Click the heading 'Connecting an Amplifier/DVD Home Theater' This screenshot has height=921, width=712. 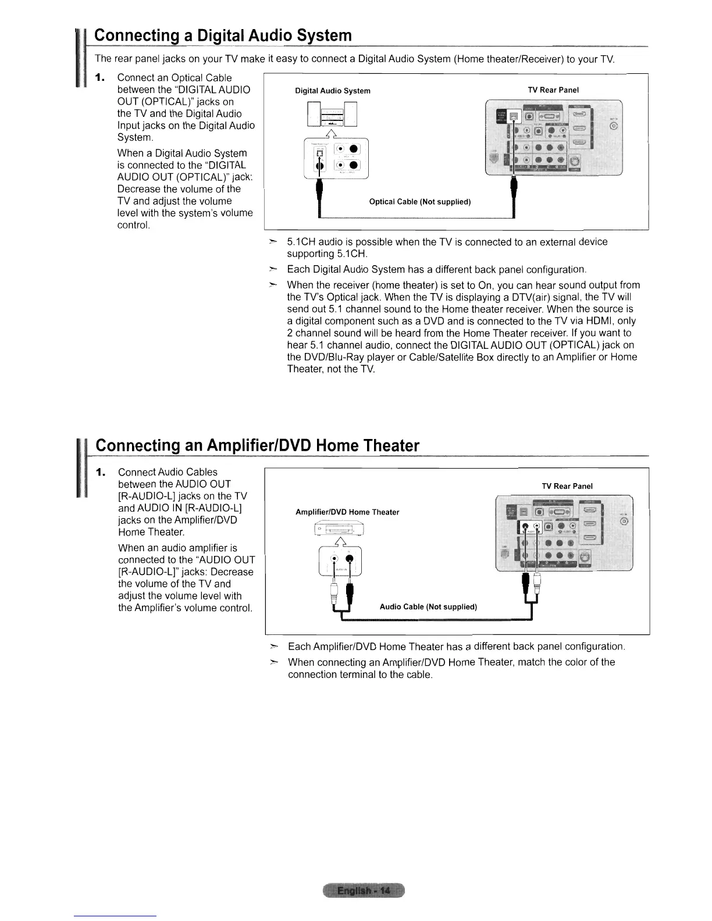point(257,446)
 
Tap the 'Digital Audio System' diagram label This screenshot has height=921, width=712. point(333,91)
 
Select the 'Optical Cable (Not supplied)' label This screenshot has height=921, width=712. point(420,202)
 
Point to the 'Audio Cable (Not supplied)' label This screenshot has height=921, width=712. point(428,607)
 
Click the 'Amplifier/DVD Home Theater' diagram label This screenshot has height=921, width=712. point(347,512)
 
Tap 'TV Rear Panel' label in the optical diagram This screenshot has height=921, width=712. point(553,90)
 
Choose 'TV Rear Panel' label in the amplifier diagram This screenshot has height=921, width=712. point(567,486)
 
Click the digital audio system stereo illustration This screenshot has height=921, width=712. point(332,115)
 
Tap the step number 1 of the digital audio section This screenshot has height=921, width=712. point(100,78)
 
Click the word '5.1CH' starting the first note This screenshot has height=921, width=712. point(301,242)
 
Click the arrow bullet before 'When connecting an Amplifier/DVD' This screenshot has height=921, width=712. point(273,662)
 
